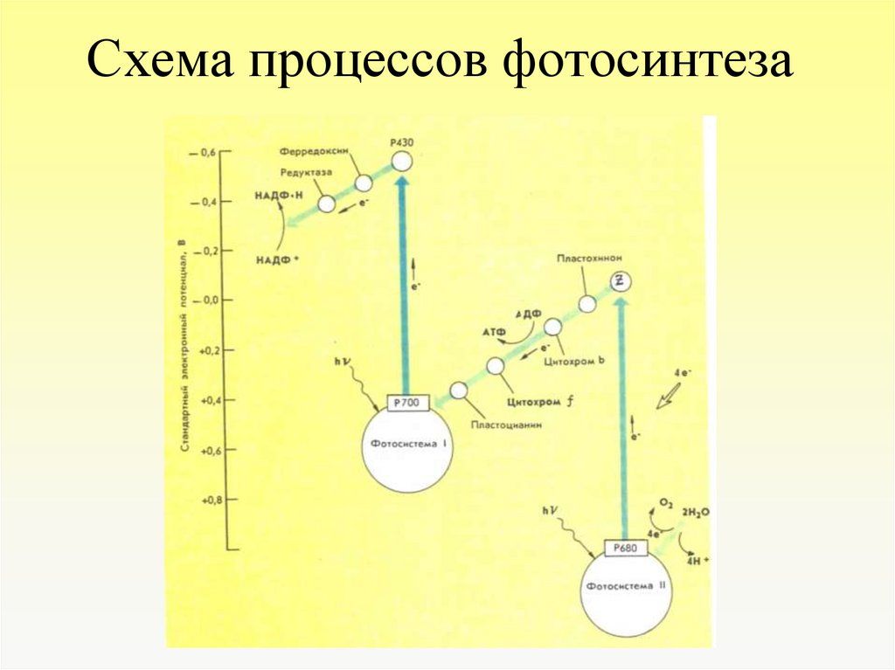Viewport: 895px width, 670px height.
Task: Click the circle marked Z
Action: pyautogui.click(x=619, y=280)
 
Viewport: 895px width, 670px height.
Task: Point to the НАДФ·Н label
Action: pyautogui.click(x=277, y=198)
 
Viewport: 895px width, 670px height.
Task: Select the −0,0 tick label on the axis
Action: pyautogui.click(x=206, y=300)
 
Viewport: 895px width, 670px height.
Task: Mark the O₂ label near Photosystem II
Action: pyautogui.click(x=665, y=505)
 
